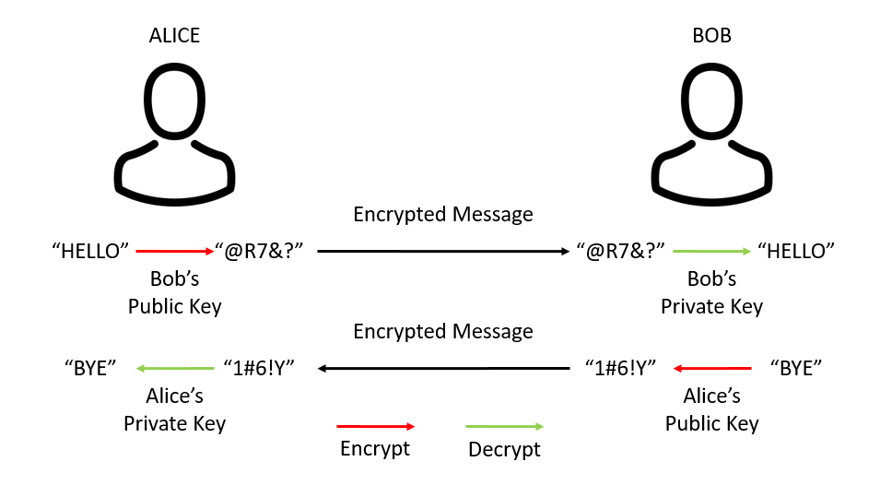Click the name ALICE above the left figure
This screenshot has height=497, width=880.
pos(174,36)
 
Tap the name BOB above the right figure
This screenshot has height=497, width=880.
pos(711,36)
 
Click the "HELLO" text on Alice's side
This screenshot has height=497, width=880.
pos(90,250)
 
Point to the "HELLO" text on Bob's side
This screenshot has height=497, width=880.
pos(795,250)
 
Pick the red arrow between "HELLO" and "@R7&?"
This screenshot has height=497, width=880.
pos(174,250)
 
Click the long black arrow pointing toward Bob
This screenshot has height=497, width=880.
pos(443,250)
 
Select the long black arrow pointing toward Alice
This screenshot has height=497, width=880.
pos(443,369)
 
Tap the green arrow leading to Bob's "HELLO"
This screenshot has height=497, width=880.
pos(711,250)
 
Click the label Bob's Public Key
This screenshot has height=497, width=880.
pos(174,292)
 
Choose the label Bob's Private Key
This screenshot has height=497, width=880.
pos(711,292)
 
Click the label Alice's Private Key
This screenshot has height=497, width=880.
pos(174,410)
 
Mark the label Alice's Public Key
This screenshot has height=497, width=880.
pos(711,410)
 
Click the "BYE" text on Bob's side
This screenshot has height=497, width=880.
pos(795,369)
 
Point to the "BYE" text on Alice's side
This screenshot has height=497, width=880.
pos(90,369)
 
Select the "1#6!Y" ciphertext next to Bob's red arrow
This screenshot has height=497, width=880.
pos(620,369)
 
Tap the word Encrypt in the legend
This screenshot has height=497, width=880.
pos(375,449)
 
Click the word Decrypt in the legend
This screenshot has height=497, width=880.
pos(504,450)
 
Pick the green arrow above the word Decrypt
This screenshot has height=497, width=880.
pos(504,426)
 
